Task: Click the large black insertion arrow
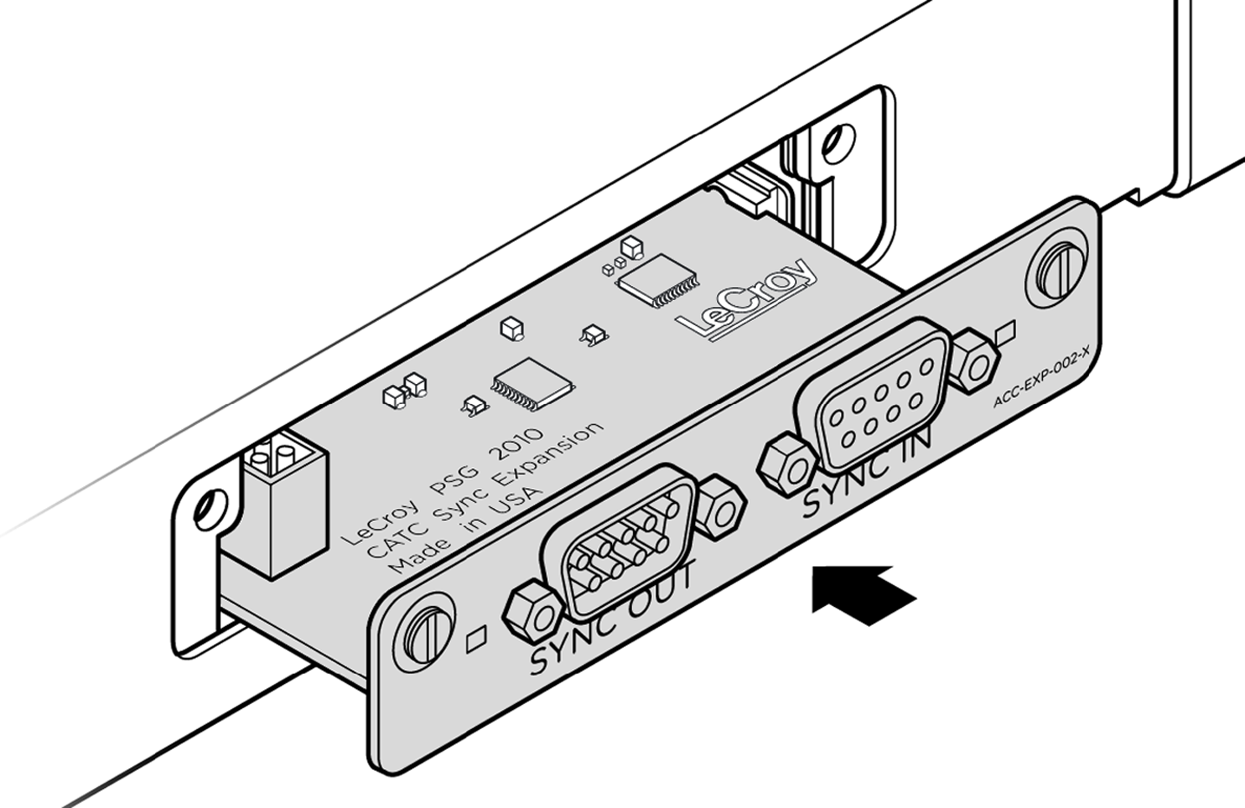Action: coord(862,596)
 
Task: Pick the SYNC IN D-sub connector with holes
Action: coord(876,394)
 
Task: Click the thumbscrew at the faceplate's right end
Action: coord(1057,269)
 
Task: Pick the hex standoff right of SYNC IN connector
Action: coord(974,362)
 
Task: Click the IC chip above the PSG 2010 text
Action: coord(532,385)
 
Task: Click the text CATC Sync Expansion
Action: coord(486,489)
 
